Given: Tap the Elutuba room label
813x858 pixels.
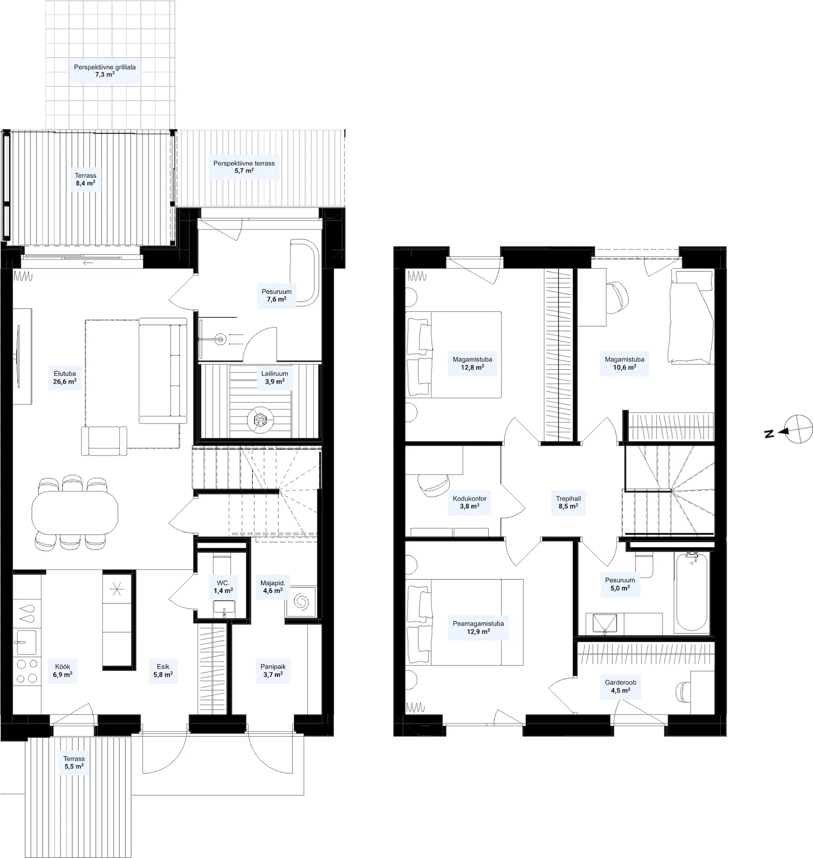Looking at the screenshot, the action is [65, 374].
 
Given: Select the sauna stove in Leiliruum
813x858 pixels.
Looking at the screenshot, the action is [260, 420].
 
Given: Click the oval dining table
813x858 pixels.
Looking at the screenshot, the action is [75, 513].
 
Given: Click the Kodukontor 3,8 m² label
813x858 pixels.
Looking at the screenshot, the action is [469, 502].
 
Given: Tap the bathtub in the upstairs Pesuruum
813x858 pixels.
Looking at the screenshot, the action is [692, 592].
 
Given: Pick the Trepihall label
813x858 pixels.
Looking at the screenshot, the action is [568, 499].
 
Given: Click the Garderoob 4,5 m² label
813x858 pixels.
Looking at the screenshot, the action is [621, 686].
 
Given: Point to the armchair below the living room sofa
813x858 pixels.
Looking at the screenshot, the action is [104, 441].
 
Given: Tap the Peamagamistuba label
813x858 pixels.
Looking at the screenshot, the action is [478, 624].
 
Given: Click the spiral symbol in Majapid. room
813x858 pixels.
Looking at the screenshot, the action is [301, 601].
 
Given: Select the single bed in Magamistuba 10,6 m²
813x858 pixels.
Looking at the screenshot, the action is [692, 317].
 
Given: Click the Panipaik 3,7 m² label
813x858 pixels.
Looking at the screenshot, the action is [273, 671].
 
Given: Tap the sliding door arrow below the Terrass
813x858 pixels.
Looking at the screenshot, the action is [88, 263].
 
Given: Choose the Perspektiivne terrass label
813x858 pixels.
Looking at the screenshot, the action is [244, 163].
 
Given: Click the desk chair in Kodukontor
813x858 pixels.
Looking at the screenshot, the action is [434, 484].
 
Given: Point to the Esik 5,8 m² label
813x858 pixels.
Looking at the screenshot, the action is [163, 671].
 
